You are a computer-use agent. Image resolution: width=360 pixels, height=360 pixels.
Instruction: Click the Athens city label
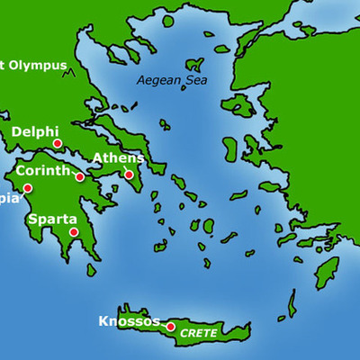pos(118,158)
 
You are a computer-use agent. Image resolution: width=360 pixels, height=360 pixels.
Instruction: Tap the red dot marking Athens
pos(129,175)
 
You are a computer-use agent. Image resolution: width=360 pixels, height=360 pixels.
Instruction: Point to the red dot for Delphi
pos(57,144)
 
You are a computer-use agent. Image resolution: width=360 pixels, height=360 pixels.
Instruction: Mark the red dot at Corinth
pos(80,177)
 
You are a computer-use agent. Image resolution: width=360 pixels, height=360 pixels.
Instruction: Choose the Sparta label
pos(52,219)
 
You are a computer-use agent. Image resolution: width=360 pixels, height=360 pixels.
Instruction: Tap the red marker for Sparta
pos(74,232)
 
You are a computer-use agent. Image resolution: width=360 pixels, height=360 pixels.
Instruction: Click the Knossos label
pos(129,321)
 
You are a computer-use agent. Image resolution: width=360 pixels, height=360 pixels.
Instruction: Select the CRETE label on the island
pos(199,332)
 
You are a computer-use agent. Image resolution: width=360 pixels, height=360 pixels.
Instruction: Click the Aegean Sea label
pos(170,80)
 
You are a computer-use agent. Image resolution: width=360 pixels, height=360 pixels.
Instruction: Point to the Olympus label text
pos(36,65)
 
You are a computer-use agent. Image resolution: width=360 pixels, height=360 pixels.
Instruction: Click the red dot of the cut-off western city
pos(28,188)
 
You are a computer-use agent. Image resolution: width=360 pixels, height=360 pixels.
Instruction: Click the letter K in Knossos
pos(103,321)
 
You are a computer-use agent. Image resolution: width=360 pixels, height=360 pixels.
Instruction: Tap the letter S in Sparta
pos(32,219)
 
